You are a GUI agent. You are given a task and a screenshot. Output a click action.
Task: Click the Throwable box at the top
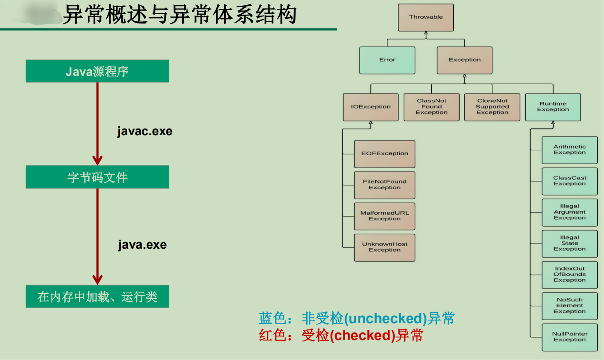[x=426, y=17]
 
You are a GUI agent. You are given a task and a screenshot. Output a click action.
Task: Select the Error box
[x=387, y=60]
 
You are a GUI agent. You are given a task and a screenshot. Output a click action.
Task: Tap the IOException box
[x=370, y=107]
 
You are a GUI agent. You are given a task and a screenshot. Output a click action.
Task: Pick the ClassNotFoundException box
[x=432, y=107]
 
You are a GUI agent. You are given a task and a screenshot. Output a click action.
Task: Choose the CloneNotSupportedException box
[x=492, y=107]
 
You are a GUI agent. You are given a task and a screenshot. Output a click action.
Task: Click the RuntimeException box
[x=553, y=107]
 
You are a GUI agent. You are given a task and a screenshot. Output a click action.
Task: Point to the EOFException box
[x=385, y=154]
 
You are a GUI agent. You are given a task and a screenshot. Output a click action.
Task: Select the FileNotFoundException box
[x=385, y=185]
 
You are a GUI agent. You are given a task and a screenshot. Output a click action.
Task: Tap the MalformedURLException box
[x=385, y=216]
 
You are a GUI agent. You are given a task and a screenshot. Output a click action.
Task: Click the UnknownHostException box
[x=385, y=247]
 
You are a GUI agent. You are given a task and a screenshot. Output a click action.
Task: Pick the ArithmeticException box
[x=569, y=150]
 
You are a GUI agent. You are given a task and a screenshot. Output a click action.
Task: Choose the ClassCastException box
[x=569, y=181]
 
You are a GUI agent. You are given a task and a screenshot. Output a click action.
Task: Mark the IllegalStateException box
[x=569, y=243]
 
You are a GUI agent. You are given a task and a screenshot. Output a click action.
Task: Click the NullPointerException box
[x=569, y=337]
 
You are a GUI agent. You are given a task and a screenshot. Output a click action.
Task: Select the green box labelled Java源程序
[x=97, y=71]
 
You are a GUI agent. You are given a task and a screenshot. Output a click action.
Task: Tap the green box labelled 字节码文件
[x=97, y=177]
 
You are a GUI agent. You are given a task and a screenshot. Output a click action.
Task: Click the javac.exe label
[x=144, y=132]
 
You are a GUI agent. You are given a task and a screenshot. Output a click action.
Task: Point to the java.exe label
[x=142, y=245]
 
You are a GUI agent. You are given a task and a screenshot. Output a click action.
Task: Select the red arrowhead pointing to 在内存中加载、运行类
[x=97, y=279]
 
